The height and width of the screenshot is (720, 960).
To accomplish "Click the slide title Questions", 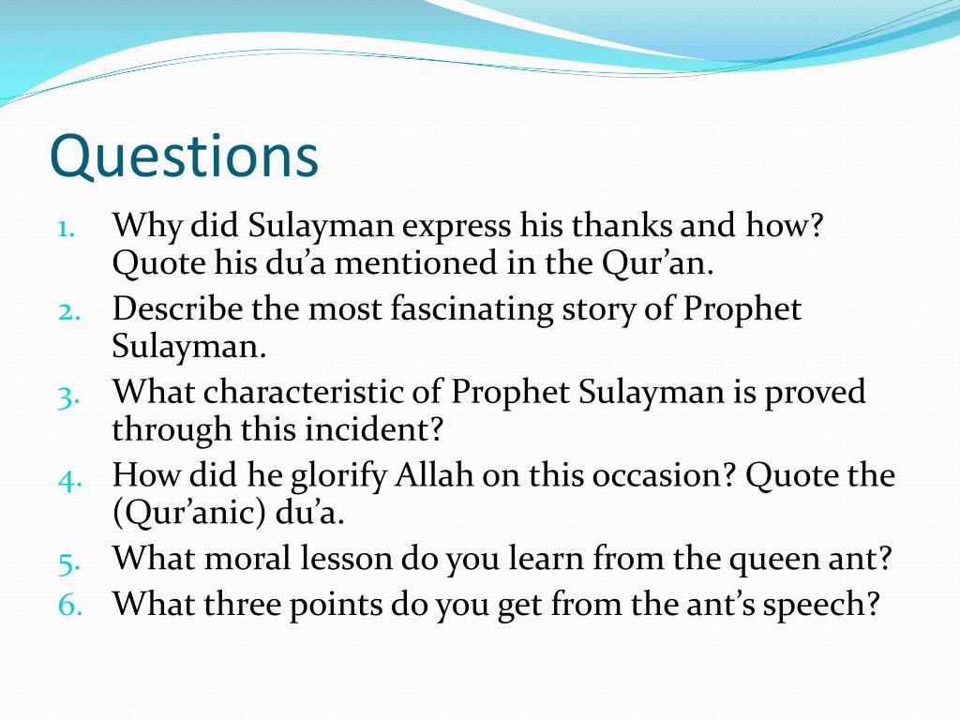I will click(x=184, y=157).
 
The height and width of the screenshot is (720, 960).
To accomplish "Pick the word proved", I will click(x=815, y=393).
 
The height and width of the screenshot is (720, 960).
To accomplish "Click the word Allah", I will click(x=434, y=475).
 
